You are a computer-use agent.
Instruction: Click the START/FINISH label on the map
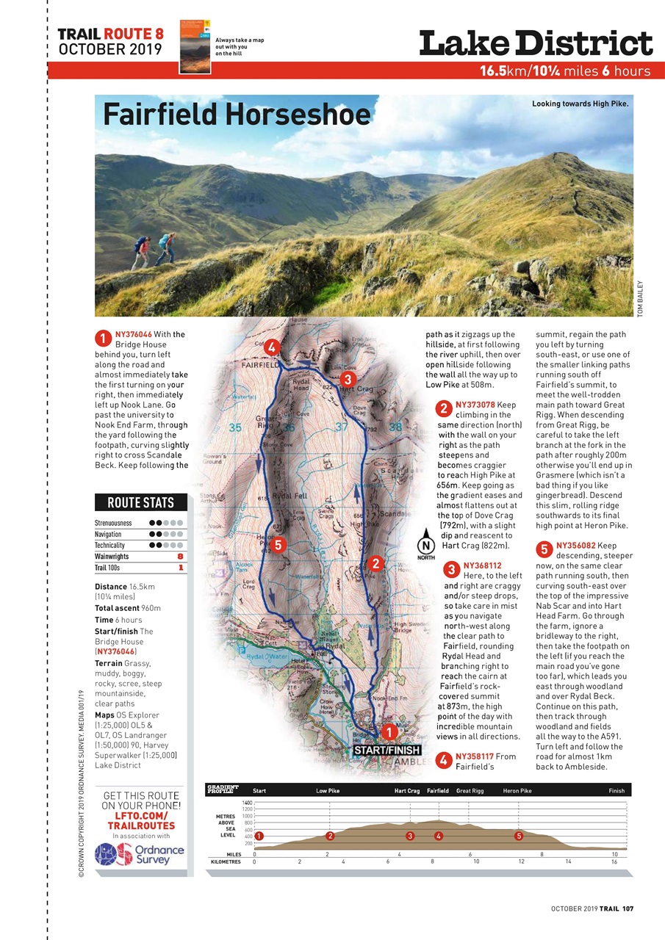[387, 751]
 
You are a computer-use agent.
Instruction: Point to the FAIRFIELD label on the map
[259, 364]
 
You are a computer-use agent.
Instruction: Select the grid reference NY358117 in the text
[475, 756]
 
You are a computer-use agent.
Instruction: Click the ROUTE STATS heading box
[141, 503]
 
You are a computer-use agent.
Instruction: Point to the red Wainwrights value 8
[180, 557]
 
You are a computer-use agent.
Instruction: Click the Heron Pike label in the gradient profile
[517, 791]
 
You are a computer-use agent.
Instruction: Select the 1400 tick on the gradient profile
[248, 803]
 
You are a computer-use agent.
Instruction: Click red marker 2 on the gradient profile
[330, 836]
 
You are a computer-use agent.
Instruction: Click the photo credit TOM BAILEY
[641, 299]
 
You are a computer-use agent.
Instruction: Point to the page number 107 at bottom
[628, 908]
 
